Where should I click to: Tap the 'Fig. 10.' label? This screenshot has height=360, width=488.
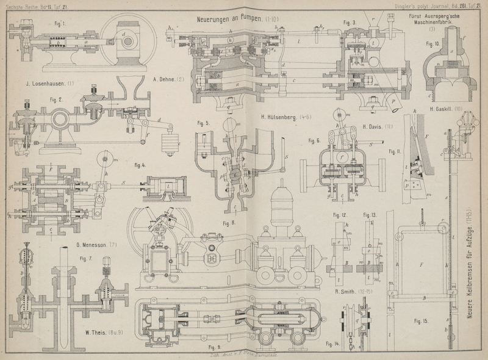(433, 44)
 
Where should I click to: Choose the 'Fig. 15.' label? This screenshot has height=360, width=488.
(422, 321)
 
